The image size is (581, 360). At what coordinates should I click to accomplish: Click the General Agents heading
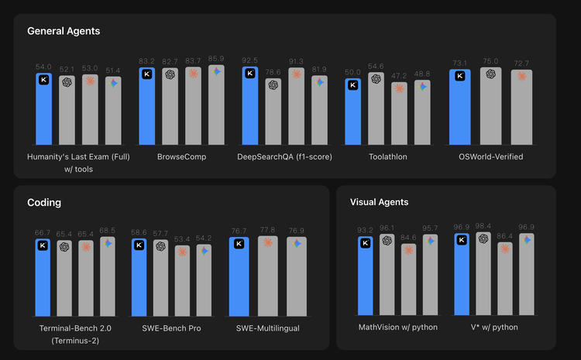pos(64,31)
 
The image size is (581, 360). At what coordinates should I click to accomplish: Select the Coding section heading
pos(44,203)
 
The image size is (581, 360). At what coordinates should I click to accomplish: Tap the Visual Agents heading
pos(380,203)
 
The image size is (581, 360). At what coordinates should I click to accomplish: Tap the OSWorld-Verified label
pos(490,156)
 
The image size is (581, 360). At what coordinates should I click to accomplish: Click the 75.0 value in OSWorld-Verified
pos(490,61)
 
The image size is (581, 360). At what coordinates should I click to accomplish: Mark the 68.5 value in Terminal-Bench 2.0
pos(107,231)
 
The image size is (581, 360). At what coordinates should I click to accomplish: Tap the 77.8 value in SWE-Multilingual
pos(268,230)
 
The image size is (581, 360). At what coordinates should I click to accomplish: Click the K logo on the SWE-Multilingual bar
pos(239,244)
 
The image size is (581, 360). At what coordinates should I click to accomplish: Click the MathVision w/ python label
pos(397,327)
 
